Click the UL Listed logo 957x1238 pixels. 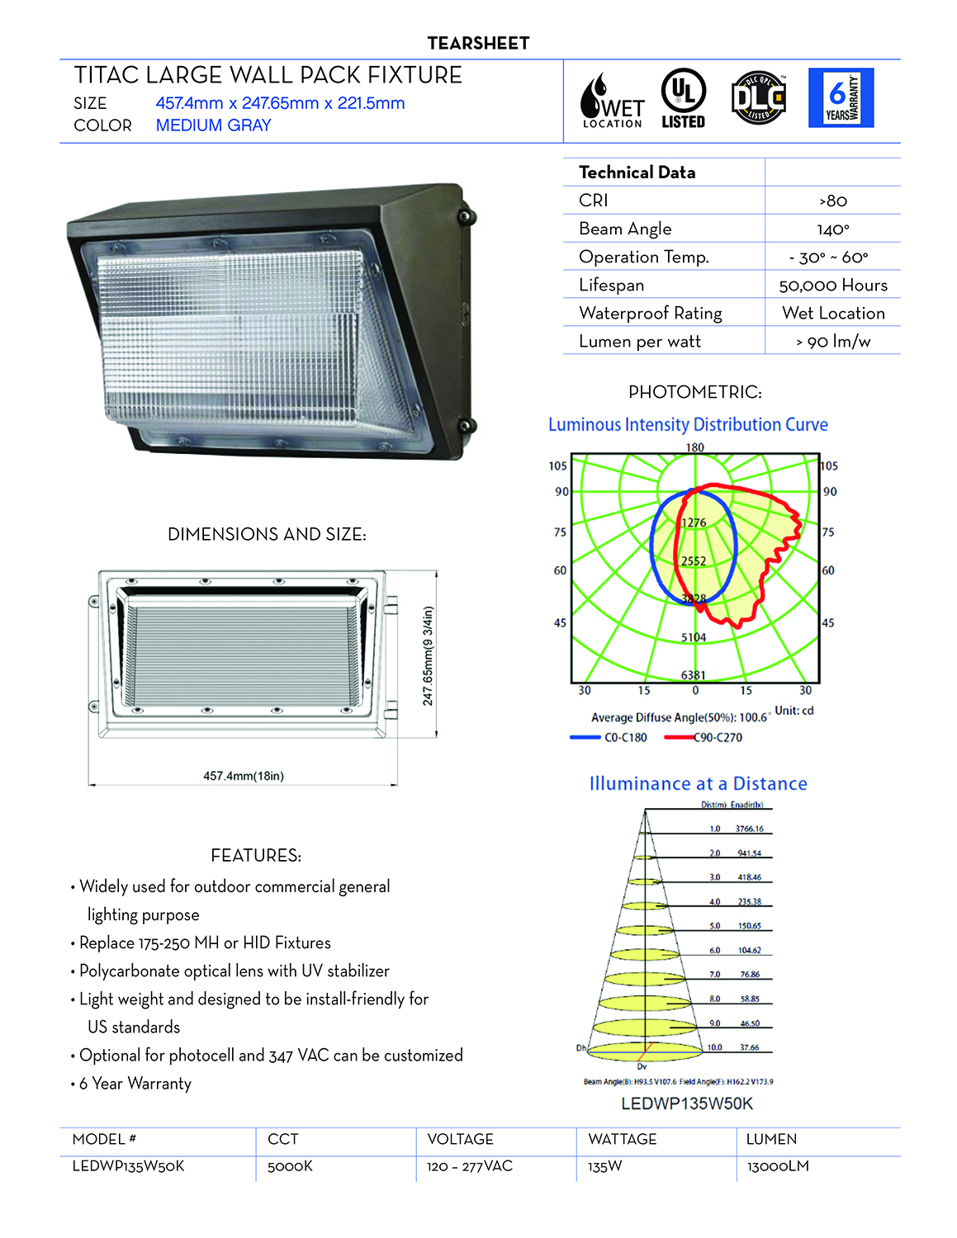click(x=683, y=98)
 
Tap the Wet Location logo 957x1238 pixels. click(x=612, y=101)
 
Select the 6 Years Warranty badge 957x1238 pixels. click(x=841, y=98)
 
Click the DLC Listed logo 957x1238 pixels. click(x=758, y=98)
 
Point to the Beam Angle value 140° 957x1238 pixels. click(x=832, y=229)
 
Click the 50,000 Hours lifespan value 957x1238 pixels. click(x=832, y=286)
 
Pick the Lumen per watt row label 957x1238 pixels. click(x=640, y=342)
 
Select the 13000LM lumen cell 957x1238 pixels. click(x=777, y=1166)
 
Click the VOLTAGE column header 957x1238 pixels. click(x=460, y=1139)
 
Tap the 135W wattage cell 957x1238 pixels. click(x=604, y=1166)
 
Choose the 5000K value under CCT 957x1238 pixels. click(x=290, y=1166)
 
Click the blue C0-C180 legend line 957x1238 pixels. click(x=585, y=737)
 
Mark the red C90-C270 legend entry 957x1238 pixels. click(x=704, y=737)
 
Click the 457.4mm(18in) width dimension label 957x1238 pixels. click(x=244, y=776)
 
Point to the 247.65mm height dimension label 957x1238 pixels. click(x=428, y=656)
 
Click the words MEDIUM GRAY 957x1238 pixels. click(x=213, y=125)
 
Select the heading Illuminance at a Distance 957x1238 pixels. click(x=698, y=784)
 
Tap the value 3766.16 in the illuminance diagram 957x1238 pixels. click(x=749, y=829)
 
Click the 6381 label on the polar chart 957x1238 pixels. click(x=693, y=675)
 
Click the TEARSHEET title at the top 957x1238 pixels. click(x=478, y=44)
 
